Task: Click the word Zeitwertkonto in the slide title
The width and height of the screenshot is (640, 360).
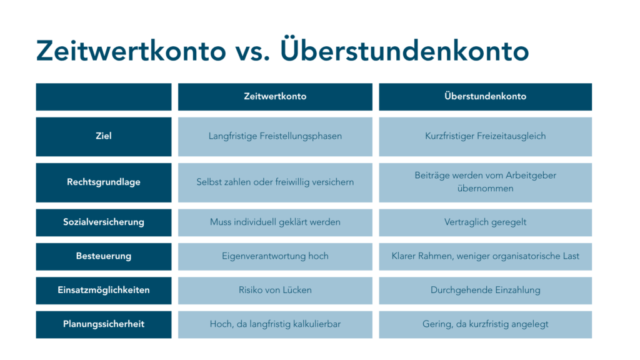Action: tap(131, 51)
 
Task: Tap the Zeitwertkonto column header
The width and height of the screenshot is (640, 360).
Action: tap(275, 97)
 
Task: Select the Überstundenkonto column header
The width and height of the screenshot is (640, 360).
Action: tap(485, 97)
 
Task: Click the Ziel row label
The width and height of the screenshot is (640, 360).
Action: tap(104, 137)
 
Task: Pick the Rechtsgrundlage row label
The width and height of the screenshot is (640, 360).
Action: tap(104, 182)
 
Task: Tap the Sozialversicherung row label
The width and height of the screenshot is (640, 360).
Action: tap(104, 222)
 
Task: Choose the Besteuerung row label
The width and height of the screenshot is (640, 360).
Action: tap(104, 256)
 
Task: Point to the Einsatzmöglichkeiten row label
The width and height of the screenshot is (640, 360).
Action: tap(104, 290)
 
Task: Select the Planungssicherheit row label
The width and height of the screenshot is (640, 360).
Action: tap(104, 324)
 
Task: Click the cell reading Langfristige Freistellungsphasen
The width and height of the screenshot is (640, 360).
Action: tap(275, 137)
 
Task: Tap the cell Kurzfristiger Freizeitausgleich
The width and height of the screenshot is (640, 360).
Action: tap(485, 137)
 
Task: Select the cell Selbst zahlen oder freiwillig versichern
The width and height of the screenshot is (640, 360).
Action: tap(275, 182)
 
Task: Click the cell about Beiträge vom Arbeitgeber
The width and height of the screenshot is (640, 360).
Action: tap(485, 182)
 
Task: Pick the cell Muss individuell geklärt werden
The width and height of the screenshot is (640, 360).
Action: tap(275, 222)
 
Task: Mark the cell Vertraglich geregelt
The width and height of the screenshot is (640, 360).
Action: tap(485, 222)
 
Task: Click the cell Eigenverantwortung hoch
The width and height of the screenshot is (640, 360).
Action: tap(275, 256)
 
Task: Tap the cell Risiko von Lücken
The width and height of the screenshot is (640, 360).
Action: tap(275, 290)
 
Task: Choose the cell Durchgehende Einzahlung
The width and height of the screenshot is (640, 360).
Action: tap(485, 290)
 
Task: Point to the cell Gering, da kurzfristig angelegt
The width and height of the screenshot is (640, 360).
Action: tap(485, 324)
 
